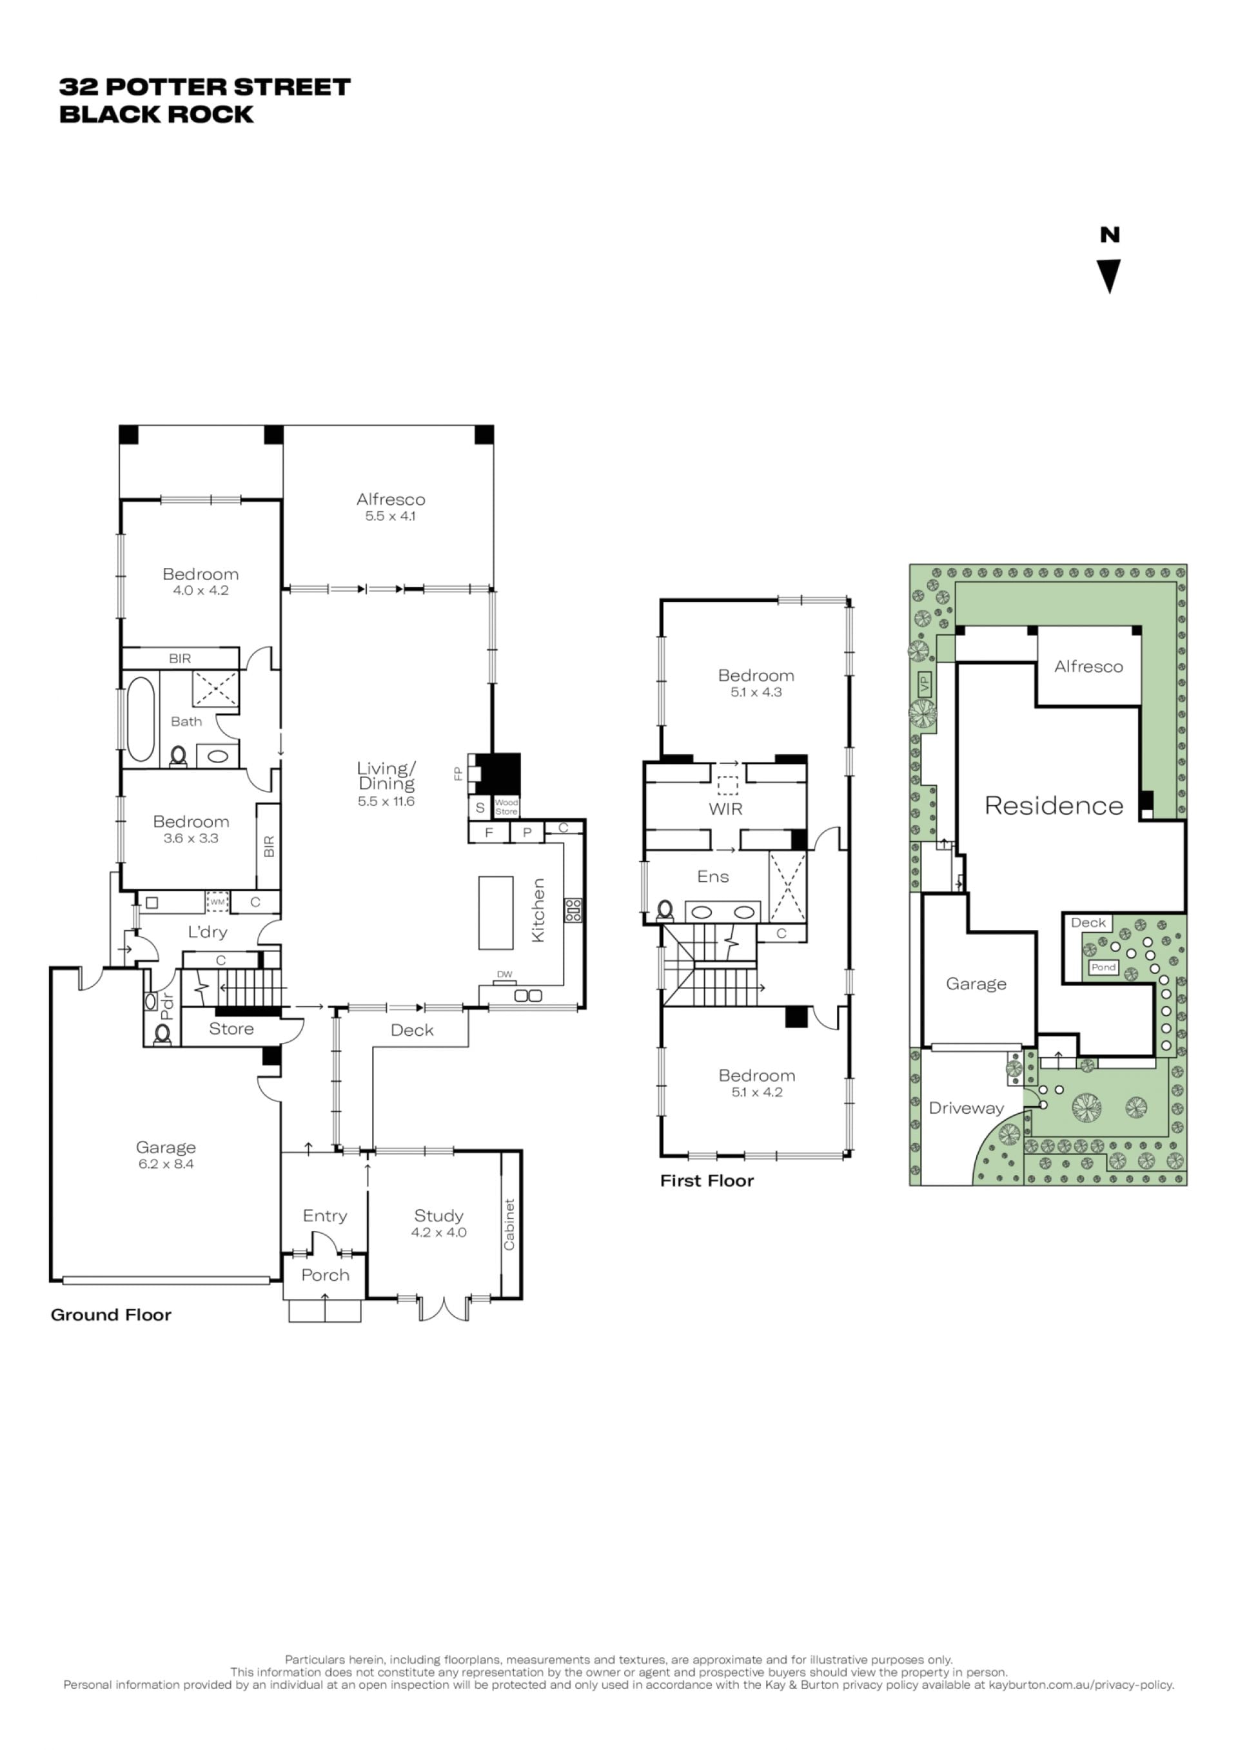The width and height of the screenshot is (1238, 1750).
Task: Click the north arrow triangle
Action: click(x=1109, y=275)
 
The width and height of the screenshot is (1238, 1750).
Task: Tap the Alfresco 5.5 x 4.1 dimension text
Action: click(x=390, y=516)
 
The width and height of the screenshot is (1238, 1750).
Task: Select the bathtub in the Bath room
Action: click(x=141, y=719)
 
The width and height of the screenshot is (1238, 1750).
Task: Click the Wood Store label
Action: click(x=506, y=806)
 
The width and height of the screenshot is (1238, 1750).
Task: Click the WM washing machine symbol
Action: click(x=217, y=902)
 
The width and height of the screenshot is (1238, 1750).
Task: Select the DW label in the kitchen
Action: click(x=505, y=974)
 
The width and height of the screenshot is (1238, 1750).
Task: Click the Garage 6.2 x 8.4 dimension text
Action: click(x=166, y=1164)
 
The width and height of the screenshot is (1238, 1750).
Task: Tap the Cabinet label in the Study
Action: click(x=509, y=1224)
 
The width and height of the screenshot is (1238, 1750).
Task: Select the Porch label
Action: click(x=326, y=1275)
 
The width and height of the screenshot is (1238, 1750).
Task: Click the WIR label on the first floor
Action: click(x=726, y=809)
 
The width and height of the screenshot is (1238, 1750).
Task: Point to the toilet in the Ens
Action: click(x=665, y=911)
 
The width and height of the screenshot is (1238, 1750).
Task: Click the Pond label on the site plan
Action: click(x=1103, y=967)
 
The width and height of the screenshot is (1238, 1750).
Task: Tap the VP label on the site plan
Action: click(x=925, y=684)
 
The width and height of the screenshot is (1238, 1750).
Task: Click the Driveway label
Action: click(x=966, y=1108)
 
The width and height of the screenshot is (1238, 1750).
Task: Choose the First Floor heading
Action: click(x=707, y=1181)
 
